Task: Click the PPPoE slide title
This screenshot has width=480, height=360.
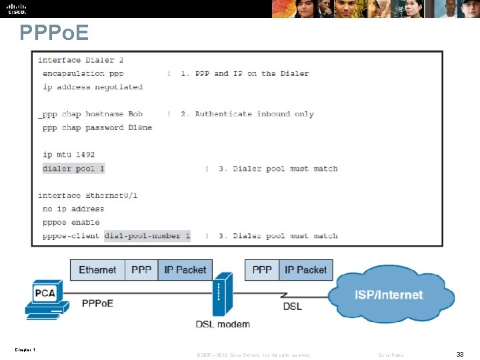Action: pyautogui.click(x=54, y=33)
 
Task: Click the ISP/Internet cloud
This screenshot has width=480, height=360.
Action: pyautogui.click(x=388, y=294)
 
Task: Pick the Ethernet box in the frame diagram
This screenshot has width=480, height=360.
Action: pyautogui.click(x=97, y=270)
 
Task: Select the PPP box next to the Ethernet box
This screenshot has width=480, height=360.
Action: pyautogui.click(x=141, y=270)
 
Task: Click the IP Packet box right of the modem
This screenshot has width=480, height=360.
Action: pyautogui.click(x=305, y=270)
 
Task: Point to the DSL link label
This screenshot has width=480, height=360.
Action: pyautogui.click(x=292, y=306)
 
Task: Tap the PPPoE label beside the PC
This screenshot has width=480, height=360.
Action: pyautogui.click(x=97, y=303)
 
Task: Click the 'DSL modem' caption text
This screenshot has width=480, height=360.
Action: pyautogui.click(x=223, y=325)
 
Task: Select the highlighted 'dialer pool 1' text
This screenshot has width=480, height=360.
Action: pyautogui.click(x=73, y=169)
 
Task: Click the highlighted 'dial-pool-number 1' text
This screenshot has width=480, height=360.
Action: pyautogui.click(x=147, y=236)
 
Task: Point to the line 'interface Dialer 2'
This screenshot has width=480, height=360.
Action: pyautogui.click(x=81, y=60)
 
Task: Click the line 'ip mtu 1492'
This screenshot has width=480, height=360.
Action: pyautogui.click(x=69, y=155)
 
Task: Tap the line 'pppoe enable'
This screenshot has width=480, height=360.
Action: pyautogui.click(x=71, y=223)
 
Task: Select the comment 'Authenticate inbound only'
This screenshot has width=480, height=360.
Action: pyautogui.click(x=254, y=114)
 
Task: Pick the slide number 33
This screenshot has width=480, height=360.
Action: pyautogui.click(x=460, y=355)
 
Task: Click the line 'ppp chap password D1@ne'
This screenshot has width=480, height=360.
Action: pyautogui.click(x=97, y=127)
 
